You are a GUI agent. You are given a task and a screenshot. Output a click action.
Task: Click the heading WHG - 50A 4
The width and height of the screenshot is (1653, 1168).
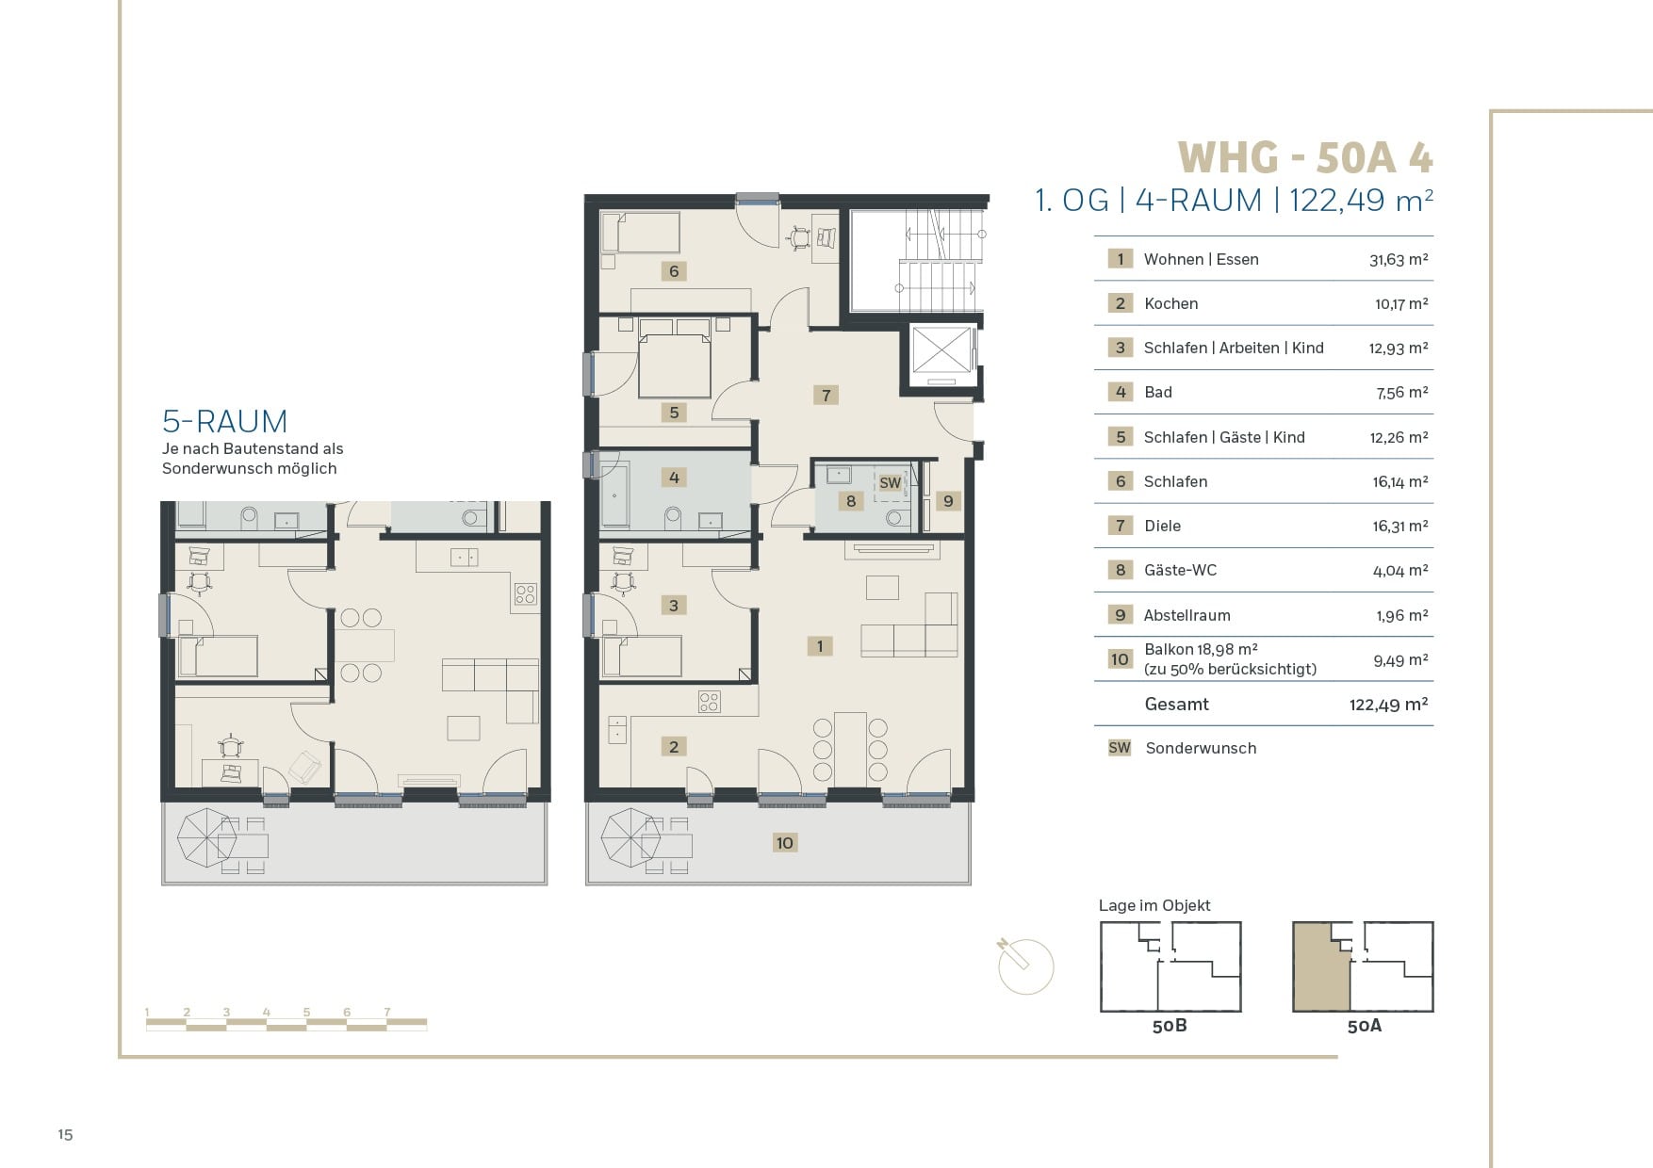coord(1305,157)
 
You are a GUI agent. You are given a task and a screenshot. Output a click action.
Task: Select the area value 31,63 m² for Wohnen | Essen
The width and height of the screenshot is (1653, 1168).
coord(1399,260)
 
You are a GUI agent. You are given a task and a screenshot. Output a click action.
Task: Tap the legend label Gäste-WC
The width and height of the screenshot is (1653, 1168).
coord(1180,570)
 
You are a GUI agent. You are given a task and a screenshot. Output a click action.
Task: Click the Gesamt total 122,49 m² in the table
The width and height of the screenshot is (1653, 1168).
coord(1388,705)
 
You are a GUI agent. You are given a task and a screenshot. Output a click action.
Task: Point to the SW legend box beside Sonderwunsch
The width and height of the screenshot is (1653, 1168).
coord(1120,748)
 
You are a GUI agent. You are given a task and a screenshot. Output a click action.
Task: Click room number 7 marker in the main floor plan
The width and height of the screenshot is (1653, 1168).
coord(826,395)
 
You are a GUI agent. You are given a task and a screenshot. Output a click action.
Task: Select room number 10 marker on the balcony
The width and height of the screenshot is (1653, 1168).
coord(785,843)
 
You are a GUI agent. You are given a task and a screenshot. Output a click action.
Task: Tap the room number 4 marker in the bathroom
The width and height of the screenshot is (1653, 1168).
coord(674,478)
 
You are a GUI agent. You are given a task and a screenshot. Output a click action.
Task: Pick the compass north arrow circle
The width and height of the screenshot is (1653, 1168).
coord(1025,966)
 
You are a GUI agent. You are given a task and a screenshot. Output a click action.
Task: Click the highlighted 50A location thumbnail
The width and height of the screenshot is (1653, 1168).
coord(1363,967)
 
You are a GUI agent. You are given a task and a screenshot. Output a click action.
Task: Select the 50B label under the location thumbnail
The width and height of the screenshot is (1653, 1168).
coord(1170,1026)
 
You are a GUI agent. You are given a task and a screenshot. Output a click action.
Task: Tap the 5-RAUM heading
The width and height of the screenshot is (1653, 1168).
coord(225,421)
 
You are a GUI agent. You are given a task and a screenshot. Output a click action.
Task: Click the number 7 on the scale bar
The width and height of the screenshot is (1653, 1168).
coord(386,1013)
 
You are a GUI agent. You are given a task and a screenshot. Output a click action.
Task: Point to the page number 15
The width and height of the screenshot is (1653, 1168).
coord(65,1134)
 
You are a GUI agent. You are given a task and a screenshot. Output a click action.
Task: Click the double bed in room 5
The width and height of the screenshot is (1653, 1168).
coord(675,360)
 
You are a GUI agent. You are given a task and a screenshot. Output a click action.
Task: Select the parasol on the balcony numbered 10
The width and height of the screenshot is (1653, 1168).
coord(630,837)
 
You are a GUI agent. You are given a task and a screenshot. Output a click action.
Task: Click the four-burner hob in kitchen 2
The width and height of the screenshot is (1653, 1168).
coord(710,702)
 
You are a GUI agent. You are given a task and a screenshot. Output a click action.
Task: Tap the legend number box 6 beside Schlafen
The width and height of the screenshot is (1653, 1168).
coord(1120,481)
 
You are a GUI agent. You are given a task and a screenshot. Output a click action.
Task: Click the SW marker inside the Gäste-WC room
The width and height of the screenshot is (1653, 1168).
coord(890,482)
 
